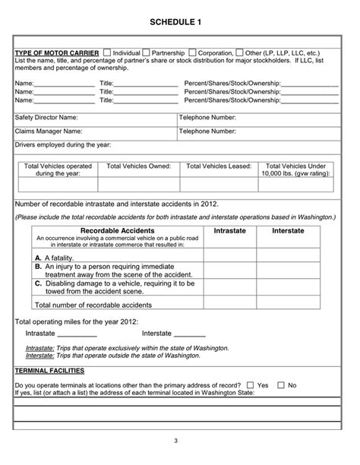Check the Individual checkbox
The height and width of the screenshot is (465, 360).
[x=106, y=52]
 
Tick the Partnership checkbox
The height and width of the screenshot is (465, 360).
[x=147, y=52]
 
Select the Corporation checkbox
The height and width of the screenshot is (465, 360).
[x=192, y=52]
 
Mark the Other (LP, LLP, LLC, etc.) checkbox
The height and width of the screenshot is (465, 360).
[x=240, y=52]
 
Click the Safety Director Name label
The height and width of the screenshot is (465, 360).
[x=46, y=118]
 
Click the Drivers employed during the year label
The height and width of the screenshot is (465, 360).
[x=63, y=144]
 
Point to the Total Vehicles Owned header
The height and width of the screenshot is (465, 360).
[x=139, y=166]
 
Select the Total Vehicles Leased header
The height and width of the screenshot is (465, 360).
[x=219, y=166]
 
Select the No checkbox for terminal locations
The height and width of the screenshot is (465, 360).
[x=282, y=385]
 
